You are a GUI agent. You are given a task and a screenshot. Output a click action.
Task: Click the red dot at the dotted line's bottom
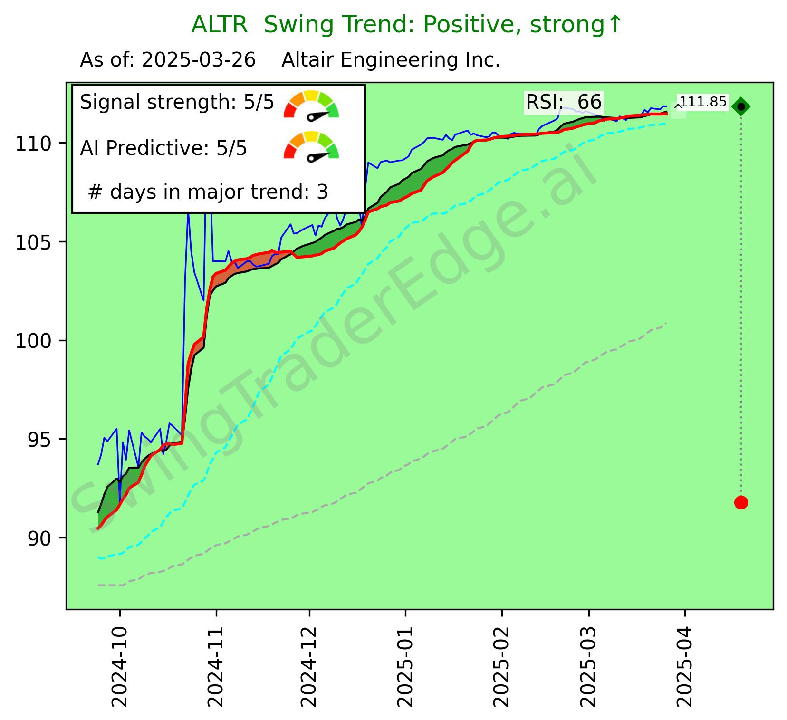point(740,502)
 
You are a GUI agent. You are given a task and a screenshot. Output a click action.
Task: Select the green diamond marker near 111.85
point(741,106)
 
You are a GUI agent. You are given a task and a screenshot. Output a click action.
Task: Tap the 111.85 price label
point(703,102)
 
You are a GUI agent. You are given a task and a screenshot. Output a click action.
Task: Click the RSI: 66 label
point(564,102)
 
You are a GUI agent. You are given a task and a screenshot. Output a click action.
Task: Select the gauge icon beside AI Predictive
point(311,146)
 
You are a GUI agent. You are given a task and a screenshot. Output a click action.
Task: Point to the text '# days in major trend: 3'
point(208,192)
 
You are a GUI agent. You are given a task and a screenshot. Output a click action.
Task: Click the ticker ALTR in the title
point(219,25)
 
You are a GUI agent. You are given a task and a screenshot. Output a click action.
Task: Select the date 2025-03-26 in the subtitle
point(199,60)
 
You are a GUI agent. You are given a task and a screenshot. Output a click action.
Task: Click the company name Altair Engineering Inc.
point(391,60)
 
